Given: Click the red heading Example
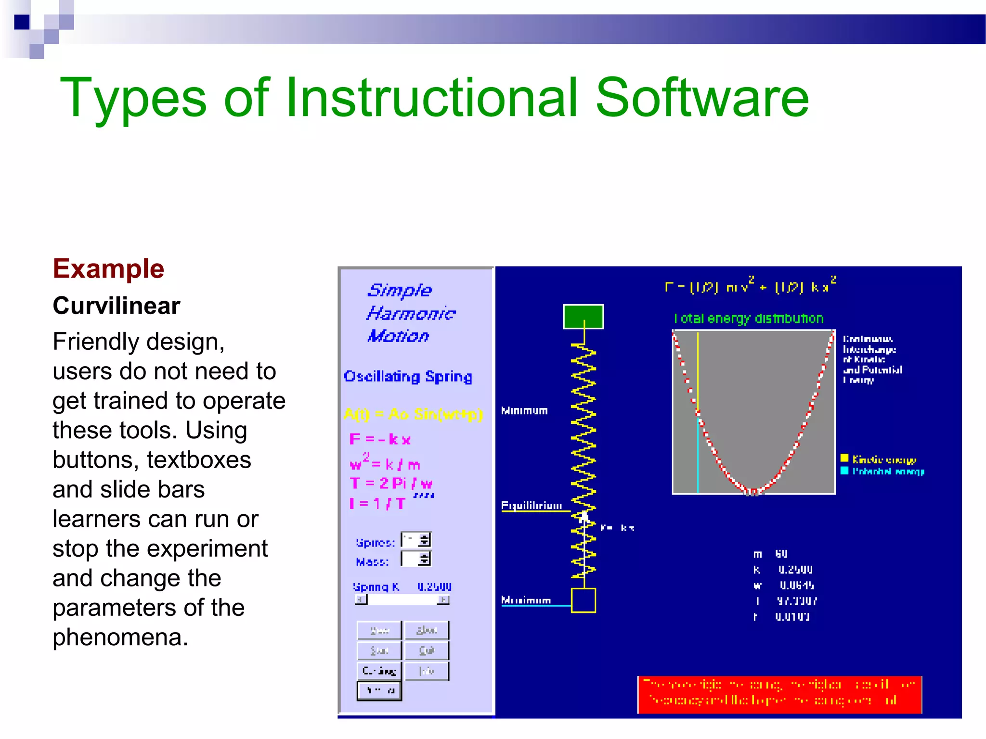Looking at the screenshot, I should pos(108,268).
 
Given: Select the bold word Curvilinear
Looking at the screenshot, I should pos(117,306).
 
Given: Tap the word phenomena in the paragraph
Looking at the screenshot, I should pos(120,637).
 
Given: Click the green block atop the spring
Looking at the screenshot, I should pos(583,317).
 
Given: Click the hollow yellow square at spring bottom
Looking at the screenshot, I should pos(583,600).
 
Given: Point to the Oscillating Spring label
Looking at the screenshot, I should pos(407,376).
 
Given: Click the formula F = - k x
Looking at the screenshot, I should pos(380,439).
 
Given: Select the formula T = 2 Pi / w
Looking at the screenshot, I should pos(391,483).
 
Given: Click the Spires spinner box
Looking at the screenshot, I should pos(416,540).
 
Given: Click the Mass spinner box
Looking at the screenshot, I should pos(416,559).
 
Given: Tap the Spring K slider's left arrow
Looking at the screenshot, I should pos(361,599).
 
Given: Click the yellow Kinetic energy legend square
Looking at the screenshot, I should pos(844,458).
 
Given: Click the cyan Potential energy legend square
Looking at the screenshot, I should pos(844,471).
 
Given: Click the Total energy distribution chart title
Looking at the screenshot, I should pos(749,319).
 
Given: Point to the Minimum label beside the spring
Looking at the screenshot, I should pos(524,411).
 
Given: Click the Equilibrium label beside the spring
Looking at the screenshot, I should pos(531,506).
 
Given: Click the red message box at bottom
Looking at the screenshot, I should pos(779,695).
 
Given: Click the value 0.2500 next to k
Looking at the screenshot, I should pos(795,570).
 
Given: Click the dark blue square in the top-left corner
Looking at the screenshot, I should pos(22,22).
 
